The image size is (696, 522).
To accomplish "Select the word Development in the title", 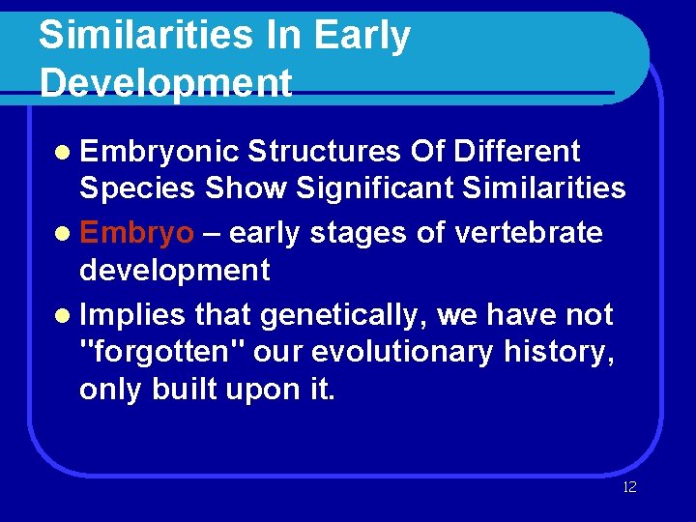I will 165,83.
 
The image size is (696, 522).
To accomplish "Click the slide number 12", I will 629,487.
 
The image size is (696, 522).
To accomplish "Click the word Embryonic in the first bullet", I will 159,153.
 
